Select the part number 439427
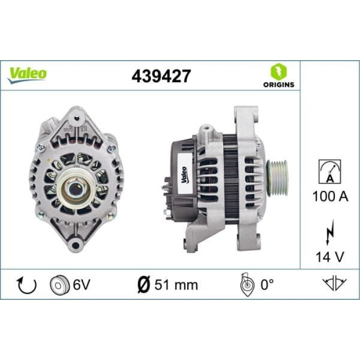tap(161, 76)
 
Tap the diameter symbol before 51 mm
tap(144, 284)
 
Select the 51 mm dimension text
tap(175, 284)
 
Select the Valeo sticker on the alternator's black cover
tap(183, 175)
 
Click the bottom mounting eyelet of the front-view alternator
tap(76, 244)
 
